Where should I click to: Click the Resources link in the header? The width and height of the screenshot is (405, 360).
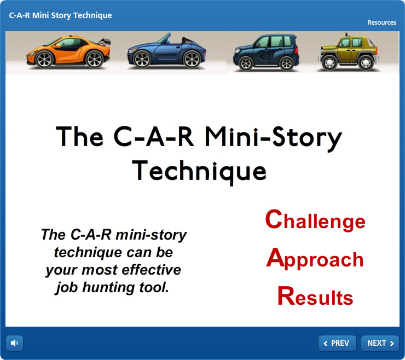[x=381, y=22]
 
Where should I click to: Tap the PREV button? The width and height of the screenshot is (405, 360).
[x=337, y=343]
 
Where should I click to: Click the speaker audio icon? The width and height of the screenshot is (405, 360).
[x=14, y=343]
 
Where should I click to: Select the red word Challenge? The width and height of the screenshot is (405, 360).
[x=315, y=220]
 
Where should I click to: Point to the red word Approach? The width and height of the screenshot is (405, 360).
[x=315, y=259]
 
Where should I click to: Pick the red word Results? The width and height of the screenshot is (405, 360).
[x=315, y=296]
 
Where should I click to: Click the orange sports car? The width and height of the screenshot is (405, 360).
[x=69, y=52]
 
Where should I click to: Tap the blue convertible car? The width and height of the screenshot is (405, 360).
[x=166, y=52]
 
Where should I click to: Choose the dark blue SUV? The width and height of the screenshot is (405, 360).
[x=267, y=53]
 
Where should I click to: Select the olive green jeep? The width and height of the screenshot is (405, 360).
[x=349, y=53]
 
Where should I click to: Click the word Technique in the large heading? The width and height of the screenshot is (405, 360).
[x=199, y=171]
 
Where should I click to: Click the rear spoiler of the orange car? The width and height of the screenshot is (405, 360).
[x=104, y=42]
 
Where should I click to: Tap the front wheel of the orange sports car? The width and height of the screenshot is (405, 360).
[x=44, y=59]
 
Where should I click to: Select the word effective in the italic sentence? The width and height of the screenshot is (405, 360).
[x=151, y=270]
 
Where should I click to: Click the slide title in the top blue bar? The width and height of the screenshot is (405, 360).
[x=60, y=15]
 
